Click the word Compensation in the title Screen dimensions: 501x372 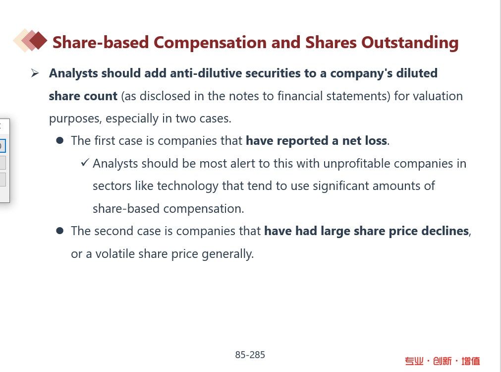pos(210,43)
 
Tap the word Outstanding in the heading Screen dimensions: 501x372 pos(410,43)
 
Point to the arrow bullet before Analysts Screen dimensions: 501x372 pos(35,73)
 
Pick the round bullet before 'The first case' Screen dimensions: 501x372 pos(60,140)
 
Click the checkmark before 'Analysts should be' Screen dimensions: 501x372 pos(85,163)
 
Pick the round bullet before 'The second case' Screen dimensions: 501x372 pos(60,231)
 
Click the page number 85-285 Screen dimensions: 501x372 pos(250,355)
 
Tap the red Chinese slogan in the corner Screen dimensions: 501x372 pos(442,361)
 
